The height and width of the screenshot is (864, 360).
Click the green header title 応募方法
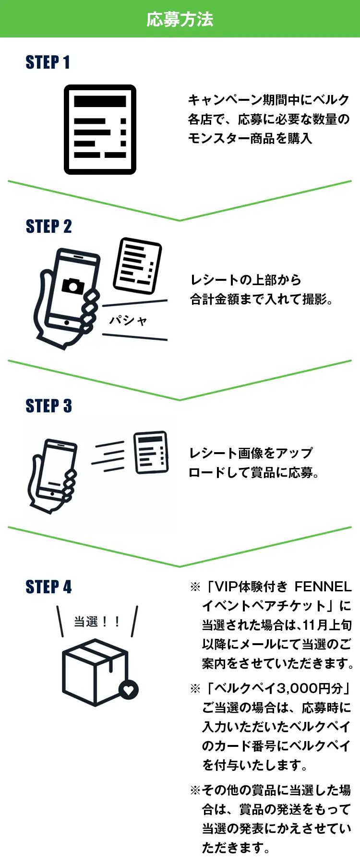pos(180,19)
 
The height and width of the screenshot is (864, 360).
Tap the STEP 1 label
pos(48,62)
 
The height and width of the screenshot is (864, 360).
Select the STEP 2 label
pos(48,226)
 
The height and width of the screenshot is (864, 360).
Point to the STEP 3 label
pos(48,406)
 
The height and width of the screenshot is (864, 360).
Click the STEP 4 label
pos(48,587)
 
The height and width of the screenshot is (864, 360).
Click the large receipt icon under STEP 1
pos(100,129)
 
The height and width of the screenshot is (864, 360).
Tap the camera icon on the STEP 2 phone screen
pos(73,285)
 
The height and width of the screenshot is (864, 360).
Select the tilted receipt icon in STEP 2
pos(137,265)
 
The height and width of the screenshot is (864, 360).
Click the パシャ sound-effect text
pos(128,320)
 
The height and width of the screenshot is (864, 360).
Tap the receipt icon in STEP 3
pos(151,452)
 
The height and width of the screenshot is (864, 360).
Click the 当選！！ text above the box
pos(96,622)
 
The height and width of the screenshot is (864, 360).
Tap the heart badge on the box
pos(129,690)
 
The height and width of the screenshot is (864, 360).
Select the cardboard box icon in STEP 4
pos(95,672)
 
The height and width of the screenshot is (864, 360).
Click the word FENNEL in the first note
pos(323,587)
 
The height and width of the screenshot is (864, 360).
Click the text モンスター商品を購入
pos(250,139)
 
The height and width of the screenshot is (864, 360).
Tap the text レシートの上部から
pos(246,280)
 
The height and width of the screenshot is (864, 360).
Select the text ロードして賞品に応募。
pos(254,473)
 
